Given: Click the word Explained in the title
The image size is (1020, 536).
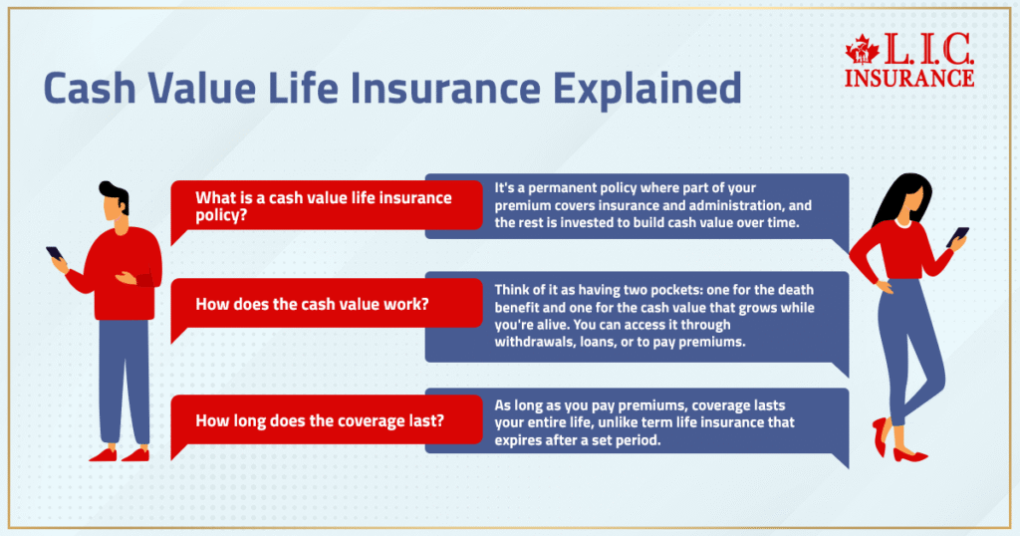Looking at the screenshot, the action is tap(647, 89).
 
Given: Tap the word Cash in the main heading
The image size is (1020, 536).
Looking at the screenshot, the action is tap(90, 88).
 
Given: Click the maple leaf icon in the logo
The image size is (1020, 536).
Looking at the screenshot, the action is tap(863, 50).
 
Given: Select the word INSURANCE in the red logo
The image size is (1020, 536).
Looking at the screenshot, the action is tap(908, 78).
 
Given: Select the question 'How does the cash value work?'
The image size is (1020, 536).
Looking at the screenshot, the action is tap(312, 304).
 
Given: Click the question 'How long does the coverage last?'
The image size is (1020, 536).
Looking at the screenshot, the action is tap(320, 420).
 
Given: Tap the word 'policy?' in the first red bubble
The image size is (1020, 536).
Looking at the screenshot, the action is tap(221, 216).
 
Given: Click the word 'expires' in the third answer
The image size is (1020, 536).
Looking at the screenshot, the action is tap(518, 440).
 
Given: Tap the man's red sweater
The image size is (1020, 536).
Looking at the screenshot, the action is tap(124, 273).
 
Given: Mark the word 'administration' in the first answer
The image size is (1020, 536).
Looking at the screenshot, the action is tap(738, 205).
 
